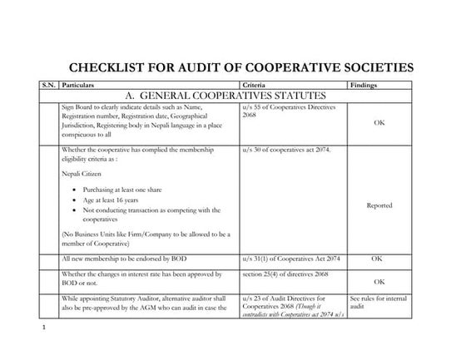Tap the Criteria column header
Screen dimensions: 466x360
tap(253, 85)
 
